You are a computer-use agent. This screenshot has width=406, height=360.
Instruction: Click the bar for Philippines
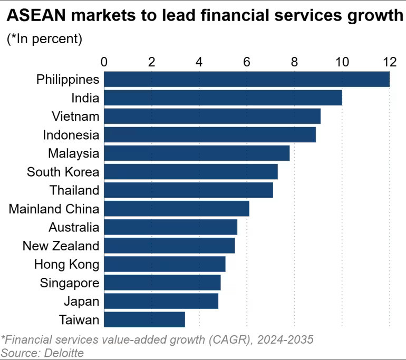click(247, 79)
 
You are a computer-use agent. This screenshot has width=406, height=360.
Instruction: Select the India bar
click(223, 98)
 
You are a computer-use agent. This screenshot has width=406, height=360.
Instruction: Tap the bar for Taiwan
click(144, 319)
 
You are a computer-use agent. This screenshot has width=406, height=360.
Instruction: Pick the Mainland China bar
click(177, 209)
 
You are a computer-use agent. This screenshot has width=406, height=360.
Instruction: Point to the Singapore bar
click(162, 283)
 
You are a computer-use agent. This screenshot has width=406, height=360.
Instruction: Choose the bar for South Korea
click(191, 172)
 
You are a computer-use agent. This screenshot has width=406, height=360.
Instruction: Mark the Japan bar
click(161, 301)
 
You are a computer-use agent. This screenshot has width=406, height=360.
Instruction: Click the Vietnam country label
click(75, 116)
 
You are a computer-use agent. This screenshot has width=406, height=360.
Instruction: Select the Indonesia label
click(71, 135)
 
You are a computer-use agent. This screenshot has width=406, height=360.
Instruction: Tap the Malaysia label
click(74, 153)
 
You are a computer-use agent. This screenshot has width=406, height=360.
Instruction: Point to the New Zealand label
click(61, 246)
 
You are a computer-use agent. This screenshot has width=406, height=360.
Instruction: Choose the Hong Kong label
click(67, 265)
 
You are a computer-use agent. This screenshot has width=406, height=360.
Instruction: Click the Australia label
click(74, 227)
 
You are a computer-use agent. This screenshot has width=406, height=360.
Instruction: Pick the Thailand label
click(74, 190)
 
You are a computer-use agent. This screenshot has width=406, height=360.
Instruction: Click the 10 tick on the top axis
click(342, 62)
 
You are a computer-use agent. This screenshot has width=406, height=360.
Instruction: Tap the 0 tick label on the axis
click(104, 62)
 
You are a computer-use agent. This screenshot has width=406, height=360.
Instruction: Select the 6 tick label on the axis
click(247, 62)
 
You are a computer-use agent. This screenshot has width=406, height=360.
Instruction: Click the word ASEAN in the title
click(36, 15)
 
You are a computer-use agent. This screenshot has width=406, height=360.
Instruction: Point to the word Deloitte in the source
click(64, 353)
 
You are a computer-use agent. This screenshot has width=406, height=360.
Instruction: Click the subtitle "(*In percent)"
click(44, 39)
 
